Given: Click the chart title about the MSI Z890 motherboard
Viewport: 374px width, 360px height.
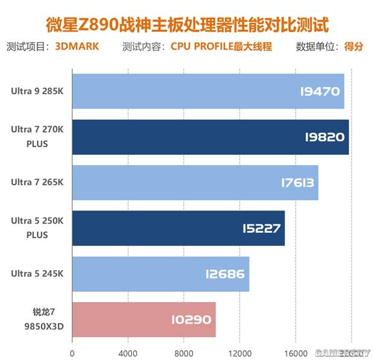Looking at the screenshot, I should tap(188, 25).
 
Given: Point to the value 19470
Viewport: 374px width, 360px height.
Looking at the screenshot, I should tap(320, 92).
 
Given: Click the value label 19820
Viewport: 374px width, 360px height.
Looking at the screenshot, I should tap(325, 137).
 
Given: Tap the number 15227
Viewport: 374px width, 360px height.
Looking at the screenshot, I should tap(261, 228).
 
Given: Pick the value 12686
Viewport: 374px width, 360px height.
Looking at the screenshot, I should tap(224, 274).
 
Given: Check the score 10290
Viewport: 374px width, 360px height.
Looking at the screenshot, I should tap(191, 320).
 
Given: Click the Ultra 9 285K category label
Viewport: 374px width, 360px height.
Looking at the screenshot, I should tap(36, 92).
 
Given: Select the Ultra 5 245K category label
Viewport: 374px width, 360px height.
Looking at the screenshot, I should tap(36, 274).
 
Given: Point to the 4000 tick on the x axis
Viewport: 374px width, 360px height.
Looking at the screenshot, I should tap(128, 352).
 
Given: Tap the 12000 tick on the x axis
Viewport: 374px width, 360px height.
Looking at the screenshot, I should tap(239, 352).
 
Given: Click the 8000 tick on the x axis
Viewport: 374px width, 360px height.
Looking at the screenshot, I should tap(183, 352).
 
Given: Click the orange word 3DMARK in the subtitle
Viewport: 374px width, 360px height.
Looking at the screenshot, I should tap(77, 46).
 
